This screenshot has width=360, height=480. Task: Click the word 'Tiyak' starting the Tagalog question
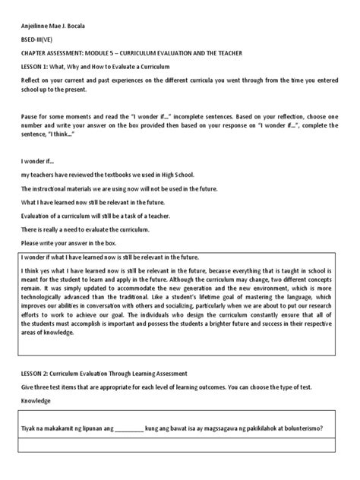[x=36, y=428]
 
